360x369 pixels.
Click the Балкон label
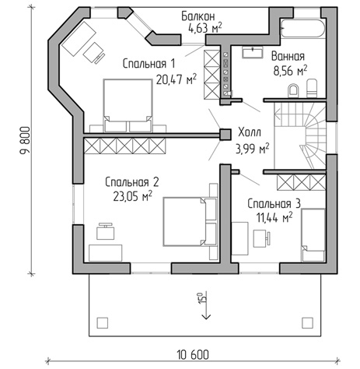(x=198, y=16)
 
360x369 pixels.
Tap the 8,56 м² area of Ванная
(x=290, y=71)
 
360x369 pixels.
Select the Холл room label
(x=250, y=132)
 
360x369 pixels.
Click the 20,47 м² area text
(x=176, y=79)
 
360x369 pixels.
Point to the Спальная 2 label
(x=131, y=182)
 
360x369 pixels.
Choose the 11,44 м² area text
(x=274, y=217)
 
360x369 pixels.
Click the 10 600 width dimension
(x=193, y=354)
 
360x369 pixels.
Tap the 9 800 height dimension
(x=25, y=141)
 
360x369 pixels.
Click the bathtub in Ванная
(x=302, y=28)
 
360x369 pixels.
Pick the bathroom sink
(x=252, y=52)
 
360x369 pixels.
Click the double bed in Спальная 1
(x=128, y=105)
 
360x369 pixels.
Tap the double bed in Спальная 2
(x=190, y=222)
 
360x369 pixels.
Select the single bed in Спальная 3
(x=313, y=235)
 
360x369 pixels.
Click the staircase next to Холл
(x=300, y=135)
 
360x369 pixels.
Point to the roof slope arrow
(x=207, y=305)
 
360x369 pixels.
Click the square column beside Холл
(x=225, y=135)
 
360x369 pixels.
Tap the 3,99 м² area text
(x=252, y=149)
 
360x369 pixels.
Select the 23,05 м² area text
(x=132, y=196)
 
